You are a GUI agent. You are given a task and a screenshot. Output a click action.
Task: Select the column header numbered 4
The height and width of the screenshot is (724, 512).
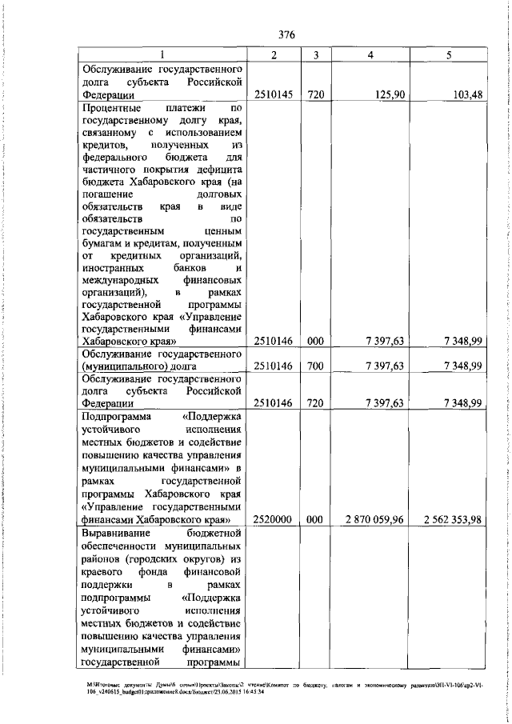tap(370, 54)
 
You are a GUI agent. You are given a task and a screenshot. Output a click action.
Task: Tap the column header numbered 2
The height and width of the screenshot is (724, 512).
tap(274, 54)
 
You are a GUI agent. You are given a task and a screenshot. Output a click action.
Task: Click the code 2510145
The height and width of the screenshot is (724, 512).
tap(274, 94)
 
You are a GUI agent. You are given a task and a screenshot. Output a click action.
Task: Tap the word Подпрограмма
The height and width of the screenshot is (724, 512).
tap(117, 416)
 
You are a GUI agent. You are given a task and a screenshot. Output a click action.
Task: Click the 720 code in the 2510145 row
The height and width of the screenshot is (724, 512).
tap(315, 94)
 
